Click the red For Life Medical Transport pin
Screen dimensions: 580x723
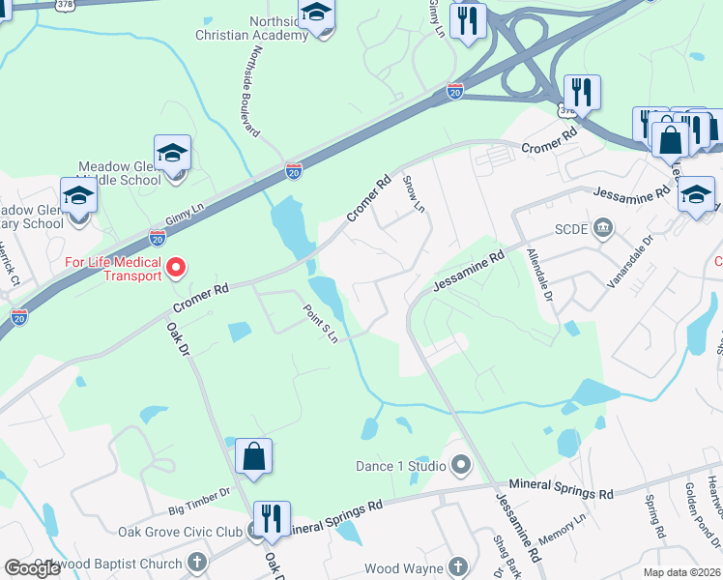tap(176, 267)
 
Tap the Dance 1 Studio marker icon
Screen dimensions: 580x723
tap(461, 466)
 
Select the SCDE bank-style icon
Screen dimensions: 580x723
tap(603, 228)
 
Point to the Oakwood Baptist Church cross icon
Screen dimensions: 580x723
tap(197, 563)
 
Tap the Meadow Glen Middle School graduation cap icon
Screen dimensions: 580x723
tap(172, 155)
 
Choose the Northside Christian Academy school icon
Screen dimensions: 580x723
tap(315, 14)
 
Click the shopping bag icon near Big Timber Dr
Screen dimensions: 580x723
tap(253, 457)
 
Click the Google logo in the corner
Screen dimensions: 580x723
tap(33, 568)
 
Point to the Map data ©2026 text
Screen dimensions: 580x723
tap(682, 572)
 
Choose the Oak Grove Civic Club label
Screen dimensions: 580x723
tap(180, 532)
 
